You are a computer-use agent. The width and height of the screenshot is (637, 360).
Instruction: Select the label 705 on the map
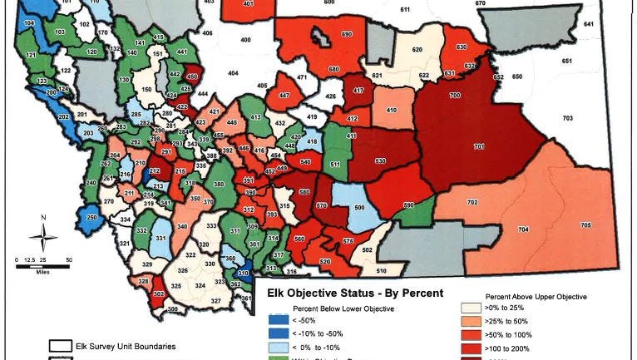point(585,225)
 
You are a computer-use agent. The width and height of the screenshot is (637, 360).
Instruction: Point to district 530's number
point(380,160)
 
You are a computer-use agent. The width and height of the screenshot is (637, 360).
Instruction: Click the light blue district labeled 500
point(359,207)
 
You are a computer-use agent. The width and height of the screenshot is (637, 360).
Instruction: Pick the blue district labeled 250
point(91,218)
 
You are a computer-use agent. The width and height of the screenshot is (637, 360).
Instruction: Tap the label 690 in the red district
point(323,34)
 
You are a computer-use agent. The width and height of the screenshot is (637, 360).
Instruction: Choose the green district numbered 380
point(219,184)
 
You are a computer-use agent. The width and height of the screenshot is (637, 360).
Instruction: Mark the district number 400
point(245,40)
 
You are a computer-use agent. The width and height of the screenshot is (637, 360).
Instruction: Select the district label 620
point(417,50)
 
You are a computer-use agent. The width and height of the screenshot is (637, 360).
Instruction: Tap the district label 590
point(408,205)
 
